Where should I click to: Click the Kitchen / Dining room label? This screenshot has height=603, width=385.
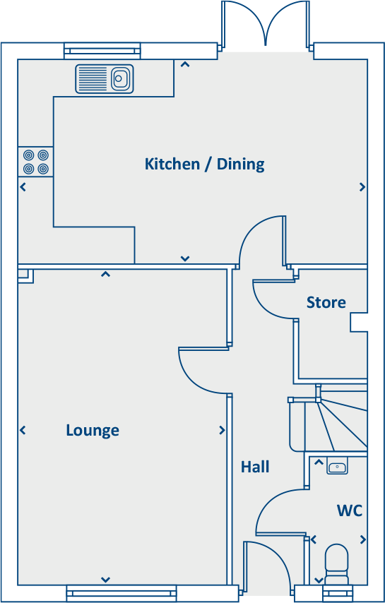[204, 165]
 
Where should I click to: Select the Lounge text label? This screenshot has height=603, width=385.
[93, 430]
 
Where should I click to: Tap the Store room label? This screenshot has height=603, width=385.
[326, 302]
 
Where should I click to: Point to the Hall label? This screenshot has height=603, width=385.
[255, 467]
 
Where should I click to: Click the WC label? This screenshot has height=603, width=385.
[350, 510]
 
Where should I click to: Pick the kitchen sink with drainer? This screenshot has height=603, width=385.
[105, 78]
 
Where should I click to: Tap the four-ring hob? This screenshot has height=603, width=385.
[35, 162]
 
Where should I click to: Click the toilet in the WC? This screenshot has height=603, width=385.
[336, 561]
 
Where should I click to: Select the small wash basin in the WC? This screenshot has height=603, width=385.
[338, 467]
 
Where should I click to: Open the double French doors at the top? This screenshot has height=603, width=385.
[265, 25]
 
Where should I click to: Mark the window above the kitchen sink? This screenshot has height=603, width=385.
[102, 50]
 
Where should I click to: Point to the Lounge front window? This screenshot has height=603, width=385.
[105, 593]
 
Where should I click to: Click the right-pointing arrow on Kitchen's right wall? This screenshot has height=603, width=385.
[362, 187]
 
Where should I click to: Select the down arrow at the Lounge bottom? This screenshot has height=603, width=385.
[105, 580]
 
